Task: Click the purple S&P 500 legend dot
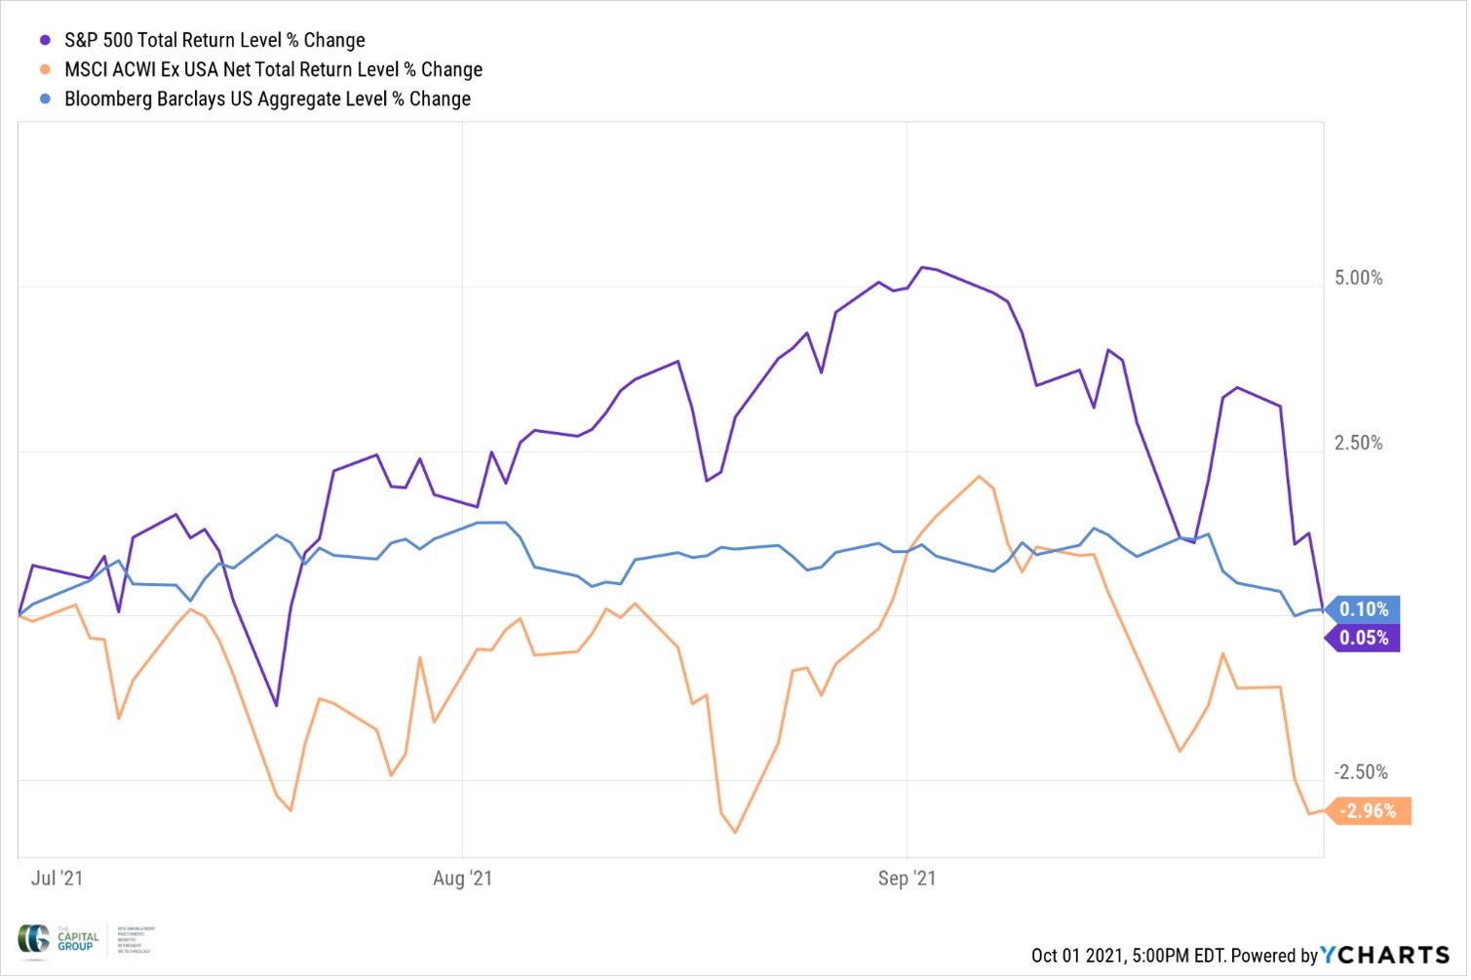click(x=45, y=41)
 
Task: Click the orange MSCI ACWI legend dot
click(x=45, y=70)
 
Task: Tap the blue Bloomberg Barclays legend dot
click(x=45, y=99)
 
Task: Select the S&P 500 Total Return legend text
click(x=214, y=41)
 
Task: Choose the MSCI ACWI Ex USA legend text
click(x=273, y=70)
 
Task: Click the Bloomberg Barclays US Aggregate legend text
click(x=267, y=99)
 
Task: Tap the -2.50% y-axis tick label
click(x=1361, y=773)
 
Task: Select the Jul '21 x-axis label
click(x=58, y=880)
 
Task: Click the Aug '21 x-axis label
click(x=464, y=880)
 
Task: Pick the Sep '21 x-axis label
click(x=909, y=880)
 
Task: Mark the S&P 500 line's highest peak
click(x=923, y=267)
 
